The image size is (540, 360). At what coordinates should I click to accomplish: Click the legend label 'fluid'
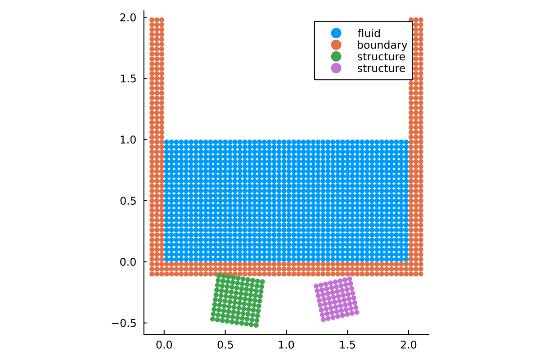(369, 33)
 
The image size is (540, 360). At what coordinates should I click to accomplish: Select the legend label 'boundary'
(382, 45)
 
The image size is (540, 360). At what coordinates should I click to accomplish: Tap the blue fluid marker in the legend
(336, 33)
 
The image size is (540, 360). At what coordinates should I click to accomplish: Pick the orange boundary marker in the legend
(336, 45)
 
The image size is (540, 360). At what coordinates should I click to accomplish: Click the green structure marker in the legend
(336, 57)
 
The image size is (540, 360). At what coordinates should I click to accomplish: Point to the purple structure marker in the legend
(336, 68)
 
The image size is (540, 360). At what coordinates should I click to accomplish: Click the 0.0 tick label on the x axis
(164, 345)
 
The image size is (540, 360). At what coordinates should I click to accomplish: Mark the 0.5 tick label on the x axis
(225, 345)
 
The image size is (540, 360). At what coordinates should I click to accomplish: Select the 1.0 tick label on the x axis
(286, 345)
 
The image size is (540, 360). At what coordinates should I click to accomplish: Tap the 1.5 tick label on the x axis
(347, 345)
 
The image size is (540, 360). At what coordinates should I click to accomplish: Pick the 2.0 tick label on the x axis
(409, 345)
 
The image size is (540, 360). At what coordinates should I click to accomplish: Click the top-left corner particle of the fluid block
(166, 142)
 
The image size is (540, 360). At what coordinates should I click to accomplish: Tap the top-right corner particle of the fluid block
(406, 142)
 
